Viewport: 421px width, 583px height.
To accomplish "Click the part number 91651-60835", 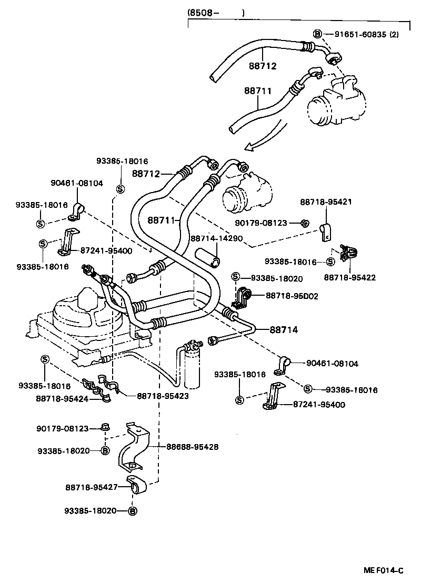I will [360, 34].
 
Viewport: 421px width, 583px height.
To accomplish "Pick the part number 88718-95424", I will [62, 398].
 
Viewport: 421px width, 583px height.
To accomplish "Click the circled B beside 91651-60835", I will [317, 34].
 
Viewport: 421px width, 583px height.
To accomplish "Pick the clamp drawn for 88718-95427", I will [139, 487].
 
